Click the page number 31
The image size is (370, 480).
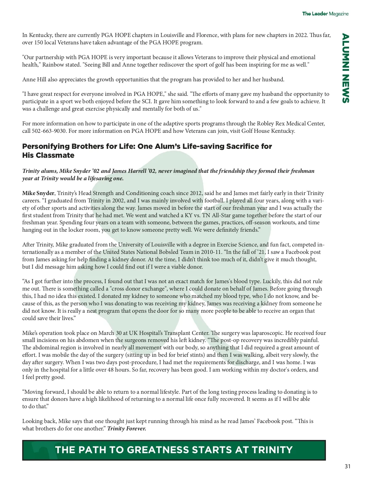(347, 466)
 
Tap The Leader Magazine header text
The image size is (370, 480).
(325, 14)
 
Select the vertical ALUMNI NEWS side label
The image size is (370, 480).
(346, 68)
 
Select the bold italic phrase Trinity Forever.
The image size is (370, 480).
(126, 429)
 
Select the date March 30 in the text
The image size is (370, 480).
(109, 333)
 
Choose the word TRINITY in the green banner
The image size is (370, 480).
(272, 450)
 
